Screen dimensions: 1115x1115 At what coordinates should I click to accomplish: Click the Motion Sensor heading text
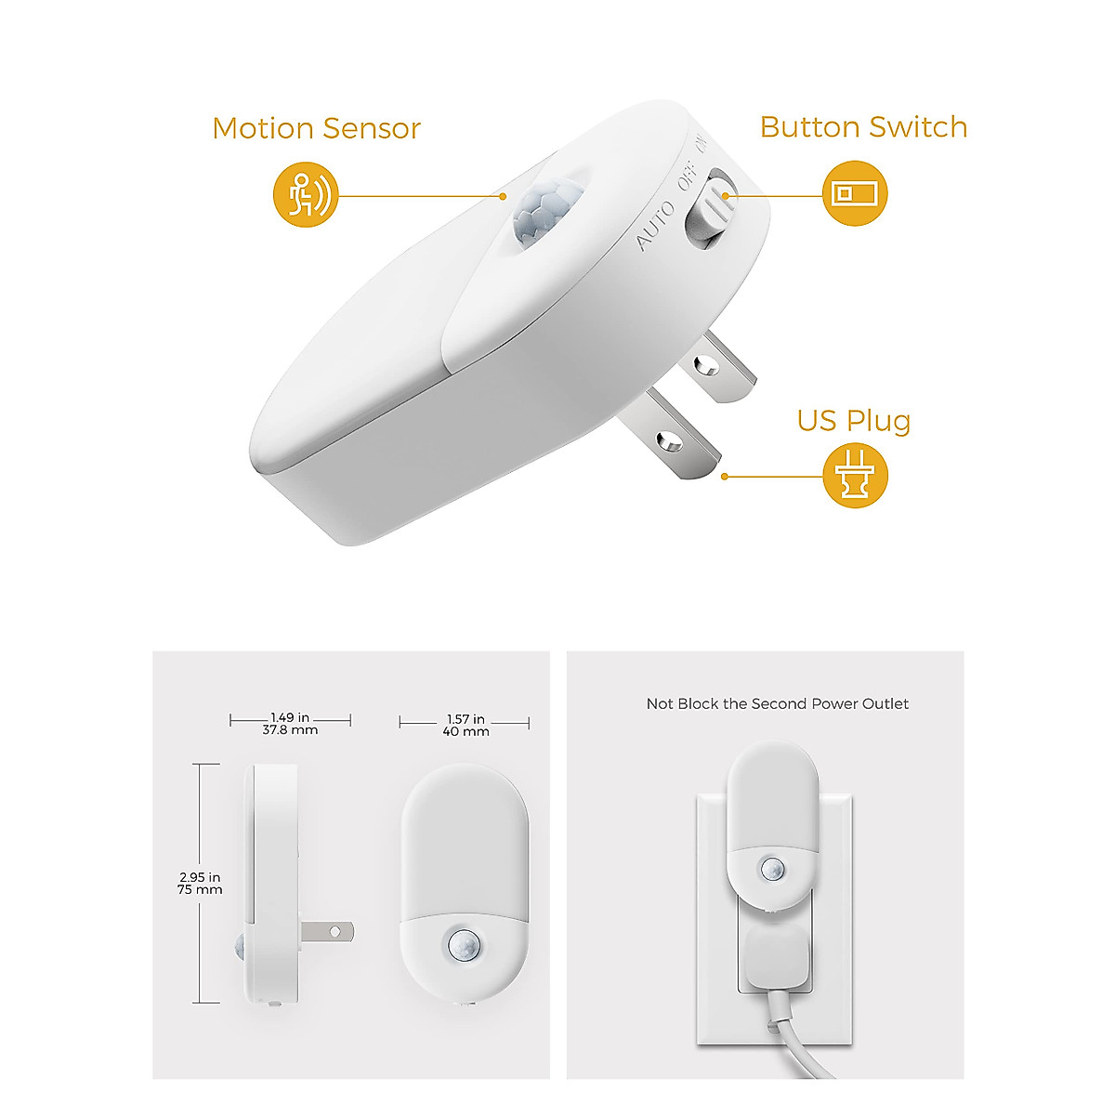[x=316, y=128]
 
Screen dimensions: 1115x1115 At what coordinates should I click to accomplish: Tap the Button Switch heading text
[x=863, y=127]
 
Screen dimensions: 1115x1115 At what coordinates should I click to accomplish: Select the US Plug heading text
[x=853, y=421]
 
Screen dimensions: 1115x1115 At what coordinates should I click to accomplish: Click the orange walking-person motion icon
[x=306, y=196]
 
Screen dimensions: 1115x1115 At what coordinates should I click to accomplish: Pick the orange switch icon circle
[x=855, y=194]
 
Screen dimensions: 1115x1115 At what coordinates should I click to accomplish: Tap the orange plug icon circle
[x=855, y=477]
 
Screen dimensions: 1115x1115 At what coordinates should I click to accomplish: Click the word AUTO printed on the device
[x=655, y=226]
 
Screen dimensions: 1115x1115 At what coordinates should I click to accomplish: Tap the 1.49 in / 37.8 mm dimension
[x=290, y=724]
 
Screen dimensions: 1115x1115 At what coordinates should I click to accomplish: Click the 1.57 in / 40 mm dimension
[x=465, y=725]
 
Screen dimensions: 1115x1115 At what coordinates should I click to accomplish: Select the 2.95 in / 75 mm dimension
[x=200, y=883]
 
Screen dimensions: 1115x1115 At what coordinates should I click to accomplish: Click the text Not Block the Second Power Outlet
[x=778, y=704]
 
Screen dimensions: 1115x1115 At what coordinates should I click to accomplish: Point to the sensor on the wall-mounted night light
[x=772, y=870]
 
